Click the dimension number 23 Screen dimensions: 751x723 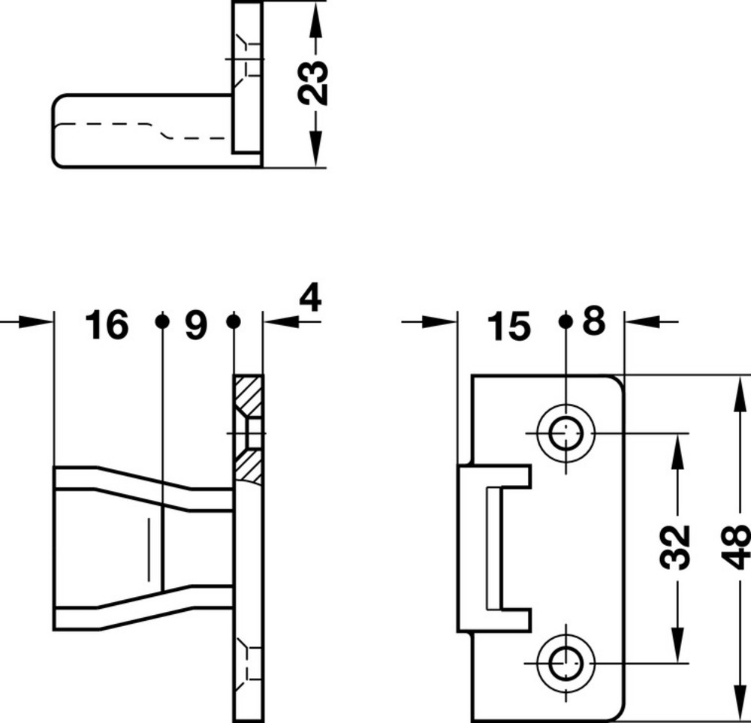click(x=313, y=83)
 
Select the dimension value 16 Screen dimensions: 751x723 click(x=107, y=324)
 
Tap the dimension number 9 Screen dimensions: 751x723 click(x=196, y=325)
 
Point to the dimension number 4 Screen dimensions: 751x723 click(x=310, y=297)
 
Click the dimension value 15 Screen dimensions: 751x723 click(x=508, y=327)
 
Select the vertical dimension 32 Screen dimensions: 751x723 click(x=675, y=547)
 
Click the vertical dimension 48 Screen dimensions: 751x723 click(x=735, y=547)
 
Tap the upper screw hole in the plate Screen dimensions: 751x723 click(x=566, y=434)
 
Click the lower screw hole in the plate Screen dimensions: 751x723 click(x=566, y=664)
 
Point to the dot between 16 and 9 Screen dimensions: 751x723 click(x=162, y=321)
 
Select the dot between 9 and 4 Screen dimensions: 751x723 click(x=234, y=321)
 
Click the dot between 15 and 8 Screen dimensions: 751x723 click(x=566, y=321)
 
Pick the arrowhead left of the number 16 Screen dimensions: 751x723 click(x=35, y=321)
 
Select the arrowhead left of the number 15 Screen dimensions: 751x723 click(x=439, y=321)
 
